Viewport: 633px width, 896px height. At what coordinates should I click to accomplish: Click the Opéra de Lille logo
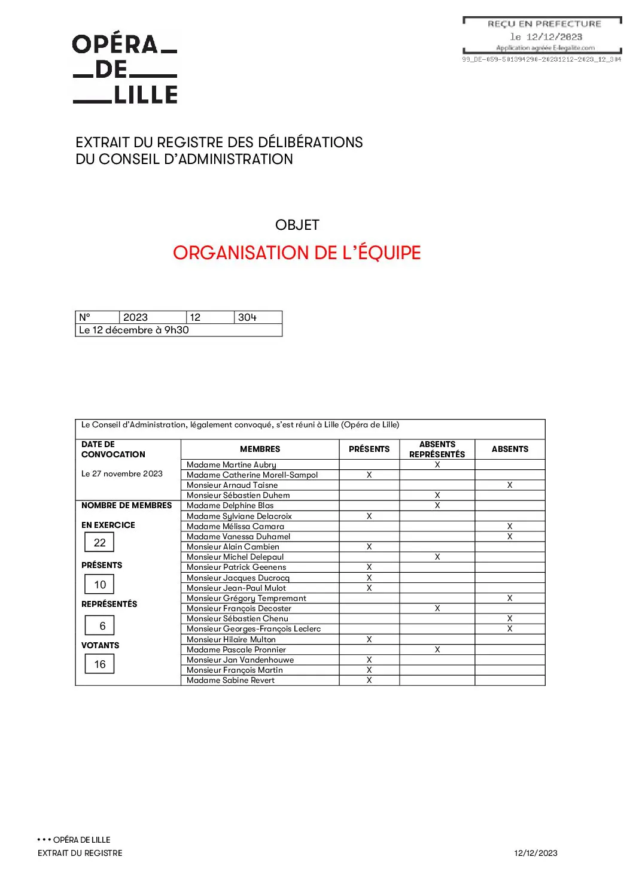coord(125,69)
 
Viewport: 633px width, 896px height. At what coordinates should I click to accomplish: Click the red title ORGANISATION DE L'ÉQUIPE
coord(297,253)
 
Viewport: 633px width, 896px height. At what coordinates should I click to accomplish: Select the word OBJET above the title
coord(297,225)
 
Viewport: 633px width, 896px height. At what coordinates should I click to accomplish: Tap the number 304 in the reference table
coord(247,317)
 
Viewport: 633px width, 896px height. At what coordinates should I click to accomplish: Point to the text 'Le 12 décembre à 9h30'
coord(134,330)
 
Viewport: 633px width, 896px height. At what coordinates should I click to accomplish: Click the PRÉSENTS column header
coord(369,449)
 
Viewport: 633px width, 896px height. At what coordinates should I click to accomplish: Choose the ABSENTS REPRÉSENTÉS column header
coord(437,449)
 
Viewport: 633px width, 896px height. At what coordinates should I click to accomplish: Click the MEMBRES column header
coord(260,449)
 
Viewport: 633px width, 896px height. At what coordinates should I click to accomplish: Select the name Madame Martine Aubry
coord(232,464)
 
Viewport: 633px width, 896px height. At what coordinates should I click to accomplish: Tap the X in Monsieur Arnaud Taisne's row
coord(510,485)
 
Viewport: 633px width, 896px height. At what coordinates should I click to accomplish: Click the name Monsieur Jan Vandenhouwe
coord(240,660)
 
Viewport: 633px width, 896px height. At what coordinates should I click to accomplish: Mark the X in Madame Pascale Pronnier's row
coord(437,649)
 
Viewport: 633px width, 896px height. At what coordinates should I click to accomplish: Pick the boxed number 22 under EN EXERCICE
coord(99,542)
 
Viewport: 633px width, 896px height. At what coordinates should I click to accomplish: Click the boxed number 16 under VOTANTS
coord(99,664)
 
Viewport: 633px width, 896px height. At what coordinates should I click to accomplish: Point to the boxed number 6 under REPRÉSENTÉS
coord(102,625)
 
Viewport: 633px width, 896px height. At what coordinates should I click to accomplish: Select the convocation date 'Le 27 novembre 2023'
coord(122,473)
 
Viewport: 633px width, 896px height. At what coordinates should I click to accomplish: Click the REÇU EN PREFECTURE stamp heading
coord(544,24)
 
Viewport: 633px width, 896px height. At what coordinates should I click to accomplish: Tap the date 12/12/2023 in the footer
coord(535,853)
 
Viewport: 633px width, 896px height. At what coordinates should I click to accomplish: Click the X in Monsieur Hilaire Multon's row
coord(369,639)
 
